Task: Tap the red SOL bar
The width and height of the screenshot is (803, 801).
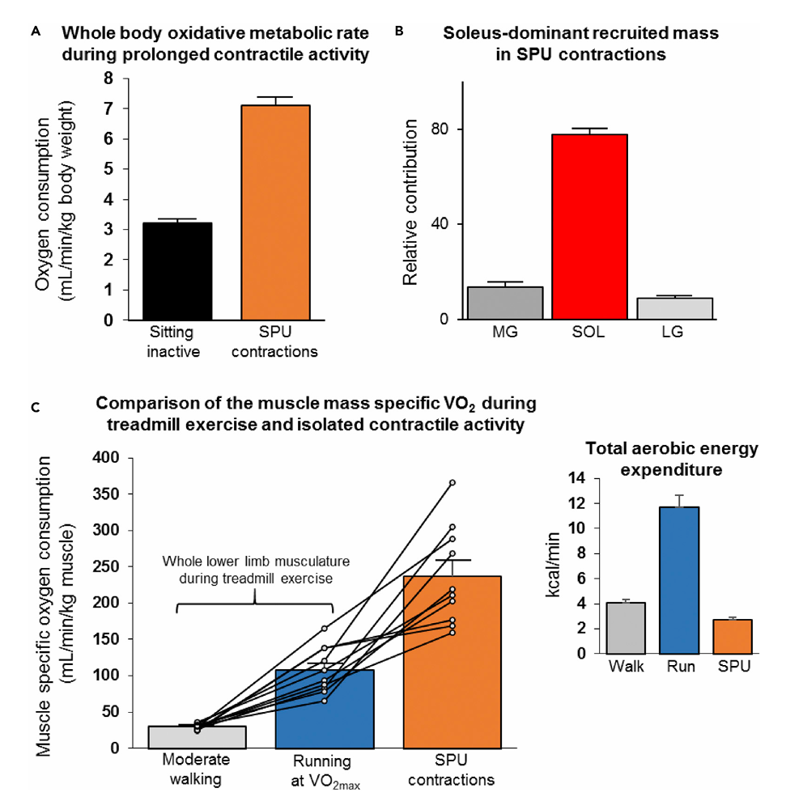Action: (590, 227)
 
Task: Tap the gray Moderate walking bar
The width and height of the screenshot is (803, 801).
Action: (197, 736)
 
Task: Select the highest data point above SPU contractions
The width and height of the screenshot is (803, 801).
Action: (452, 482)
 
